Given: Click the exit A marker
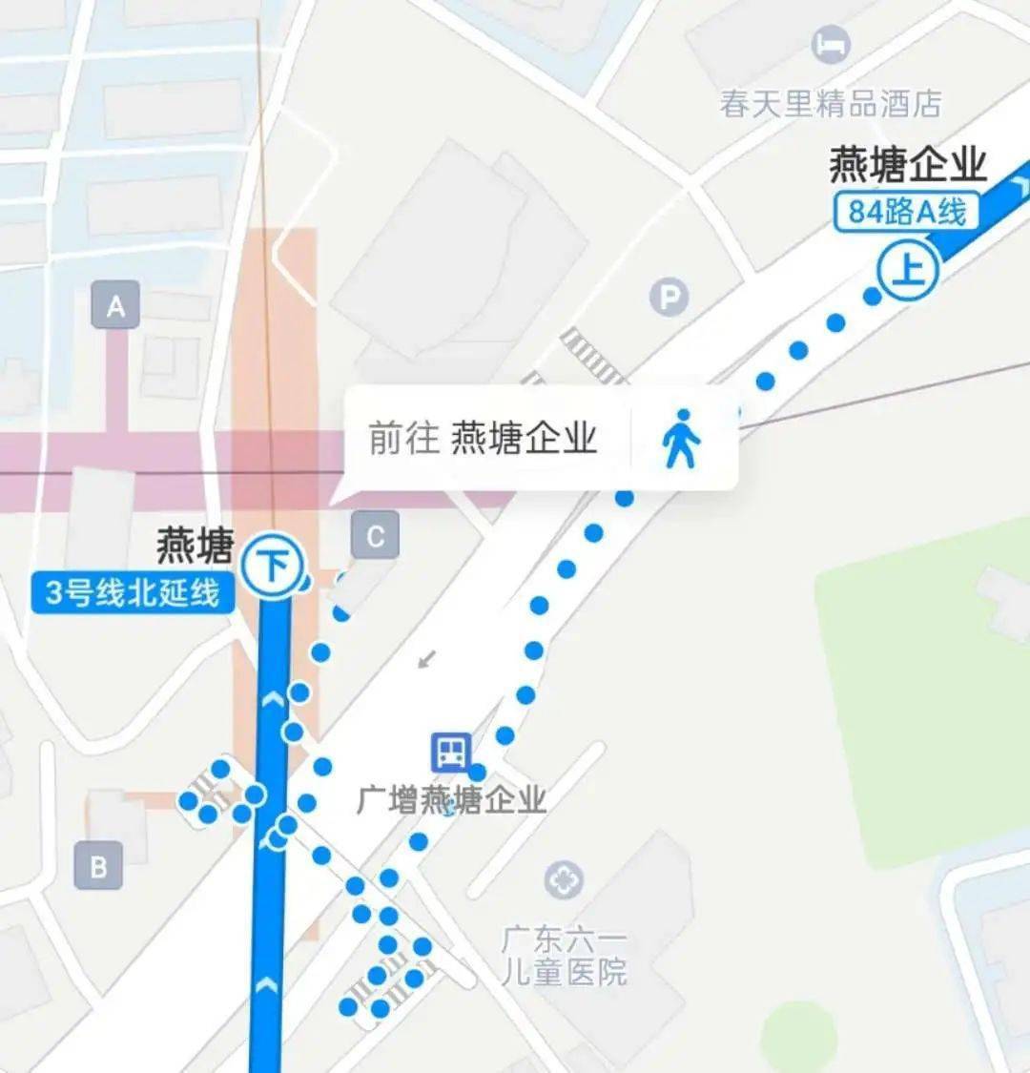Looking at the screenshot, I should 115,306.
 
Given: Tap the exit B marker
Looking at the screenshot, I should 98,867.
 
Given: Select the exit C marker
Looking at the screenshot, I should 375,536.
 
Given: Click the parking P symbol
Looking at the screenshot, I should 669,299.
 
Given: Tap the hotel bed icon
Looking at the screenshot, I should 831,44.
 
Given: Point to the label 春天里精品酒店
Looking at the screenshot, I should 831,104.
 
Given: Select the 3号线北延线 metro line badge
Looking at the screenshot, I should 133,593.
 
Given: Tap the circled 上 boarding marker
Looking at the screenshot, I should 908,270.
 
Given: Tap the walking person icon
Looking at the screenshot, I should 681,439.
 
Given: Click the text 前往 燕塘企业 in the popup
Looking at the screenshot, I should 483,439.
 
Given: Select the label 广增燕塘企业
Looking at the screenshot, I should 451,799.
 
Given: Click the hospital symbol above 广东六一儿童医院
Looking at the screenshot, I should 564,879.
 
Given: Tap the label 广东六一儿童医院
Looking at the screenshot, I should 565,957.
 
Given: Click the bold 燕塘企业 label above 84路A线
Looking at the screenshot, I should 907,165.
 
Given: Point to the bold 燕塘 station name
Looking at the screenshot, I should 195,547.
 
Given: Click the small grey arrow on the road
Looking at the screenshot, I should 427,658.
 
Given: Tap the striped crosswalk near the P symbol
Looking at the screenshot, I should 591,355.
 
